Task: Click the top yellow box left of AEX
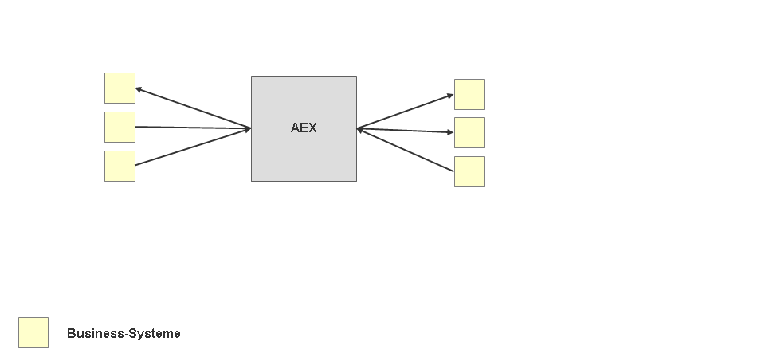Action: click(120, 88)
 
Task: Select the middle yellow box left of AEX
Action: click(120, 127)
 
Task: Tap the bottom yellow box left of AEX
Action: click(120, 166)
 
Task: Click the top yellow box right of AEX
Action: click(469, 94)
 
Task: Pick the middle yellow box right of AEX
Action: click(469, 132)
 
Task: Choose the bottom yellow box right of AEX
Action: click(469, 171)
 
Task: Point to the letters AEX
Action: click(304, 128)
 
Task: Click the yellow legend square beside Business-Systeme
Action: click(33, 332)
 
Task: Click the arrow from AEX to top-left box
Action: click(193, 108)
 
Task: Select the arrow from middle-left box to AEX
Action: click(193, 128)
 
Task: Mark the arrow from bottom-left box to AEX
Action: click(193, 147)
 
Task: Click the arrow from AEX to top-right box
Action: click(405, 112)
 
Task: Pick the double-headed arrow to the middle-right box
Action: click(405, 131)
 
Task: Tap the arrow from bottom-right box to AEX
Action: click(405, 150)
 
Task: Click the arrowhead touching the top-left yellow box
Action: click(139, 89)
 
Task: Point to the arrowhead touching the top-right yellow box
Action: click(450, 96)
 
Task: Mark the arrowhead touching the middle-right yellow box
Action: click(450, 132)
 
